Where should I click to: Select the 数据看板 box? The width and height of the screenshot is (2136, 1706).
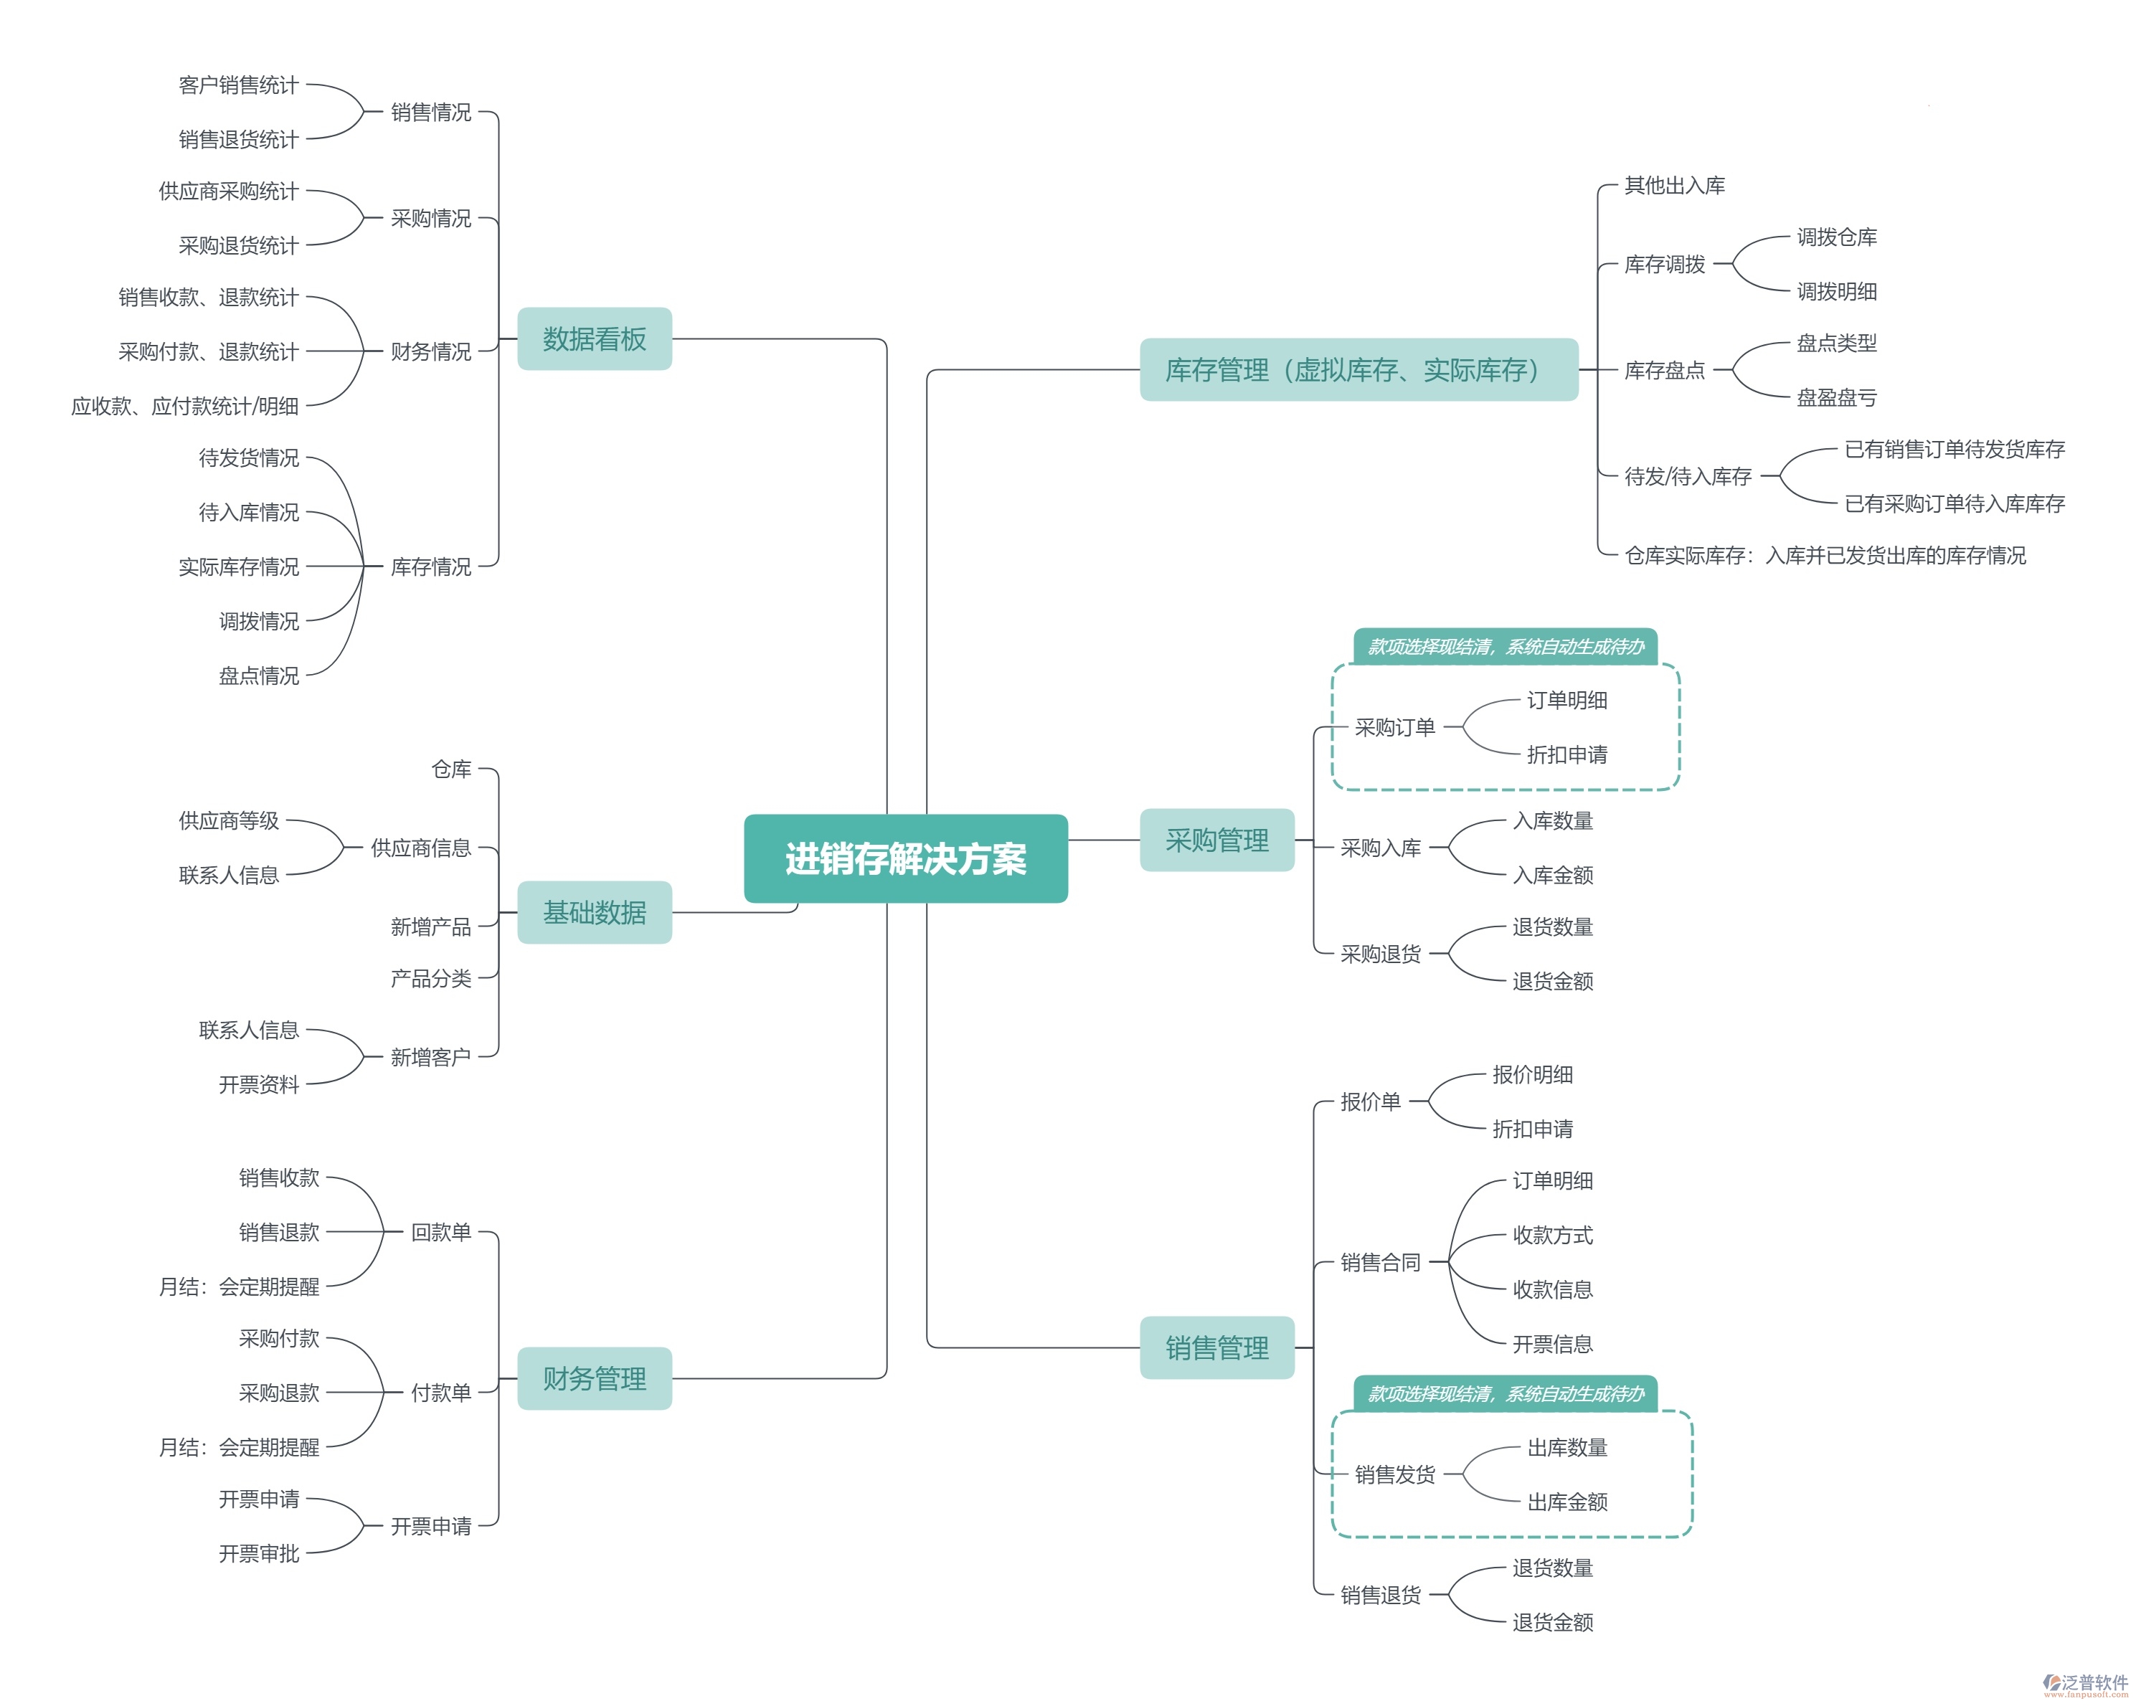tap(595, 338)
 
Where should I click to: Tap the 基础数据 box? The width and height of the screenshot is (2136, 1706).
tap(595, 911)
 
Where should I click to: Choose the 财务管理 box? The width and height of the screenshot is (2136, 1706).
tap(595, 1378)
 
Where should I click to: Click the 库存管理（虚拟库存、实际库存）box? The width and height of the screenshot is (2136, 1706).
tap(1358, 369)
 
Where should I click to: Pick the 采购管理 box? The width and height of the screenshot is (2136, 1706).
tap(1216, 840)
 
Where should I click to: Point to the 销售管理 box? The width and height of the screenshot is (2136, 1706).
tap(1216, 1347)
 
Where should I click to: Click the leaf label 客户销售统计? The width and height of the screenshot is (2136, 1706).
tap(238, 85)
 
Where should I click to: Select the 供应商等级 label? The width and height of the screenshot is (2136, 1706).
tap(229, 820)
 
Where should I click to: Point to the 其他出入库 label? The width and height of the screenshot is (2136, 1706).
tap(1674, 185)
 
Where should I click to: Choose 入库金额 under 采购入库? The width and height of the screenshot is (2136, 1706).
tap(1552, 875)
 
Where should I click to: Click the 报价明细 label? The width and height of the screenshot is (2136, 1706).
tap(1533, 1074)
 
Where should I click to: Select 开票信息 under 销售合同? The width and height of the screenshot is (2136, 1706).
tap(1552, 1343)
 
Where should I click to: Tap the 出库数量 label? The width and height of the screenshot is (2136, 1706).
tap(1567, 1447)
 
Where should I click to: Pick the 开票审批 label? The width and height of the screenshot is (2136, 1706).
tap(259, 1553)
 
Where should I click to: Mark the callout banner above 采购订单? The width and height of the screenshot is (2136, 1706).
tap(1505, 647)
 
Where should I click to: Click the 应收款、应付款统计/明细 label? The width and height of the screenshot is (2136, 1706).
tap(185, 406)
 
